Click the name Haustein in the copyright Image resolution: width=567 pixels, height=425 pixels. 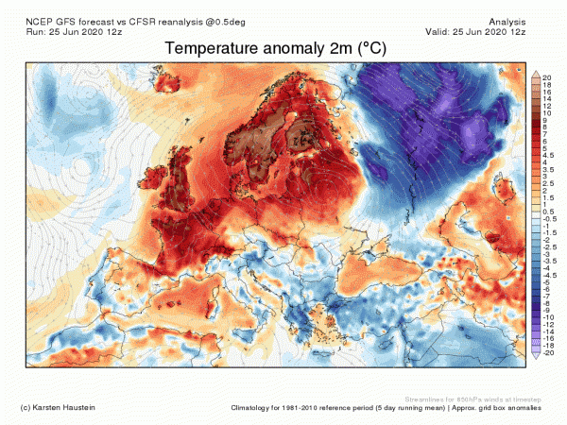(x=79, y=407)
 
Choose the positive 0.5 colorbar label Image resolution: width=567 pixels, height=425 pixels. (x=546, y=211)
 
